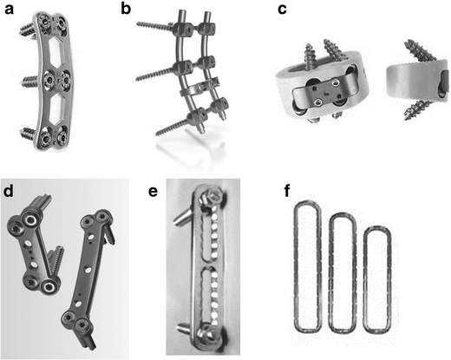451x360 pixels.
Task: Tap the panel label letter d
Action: [x=8, y=189]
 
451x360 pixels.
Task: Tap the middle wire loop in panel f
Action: [x=343, y=273]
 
